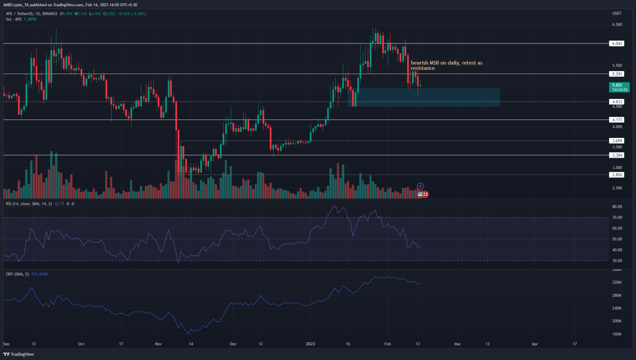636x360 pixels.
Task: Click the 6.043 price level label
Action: click(x=617, y=43)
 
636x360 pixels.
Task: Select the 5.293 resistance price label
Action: click(x=617, y=74)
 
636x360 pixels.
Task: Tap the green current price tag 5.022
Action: click(x=619, y=87)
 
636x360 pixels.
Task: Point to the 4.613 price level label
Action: click(x=617, y=102)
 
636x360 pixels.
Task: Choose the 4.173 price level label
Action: click(x=617, y=120)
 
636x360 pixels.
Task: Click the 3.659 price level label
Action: click(x=617, y=141)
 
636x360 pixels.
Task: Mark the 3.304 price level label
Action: click(x=617, y=155)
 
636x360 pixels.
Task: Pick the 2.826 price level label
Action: click(x=617, y=175)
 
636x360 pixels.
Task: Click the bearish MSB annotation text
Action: click(x=446, y=65)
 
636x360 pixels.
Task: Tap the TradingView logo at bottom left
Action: click(x=19, y=354)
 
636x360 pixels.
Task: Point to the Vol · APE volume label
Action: click(x=14, y=19)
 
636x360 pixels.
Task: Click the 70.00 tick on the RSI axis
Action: click(x=617, y=218)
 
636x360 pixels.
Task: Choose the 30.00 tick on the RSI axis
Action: click(x=617, y=261)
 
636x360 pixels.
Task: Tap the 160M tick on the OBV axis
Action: click(x=617, y=334)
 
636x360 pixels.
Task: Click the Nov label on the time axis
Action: click(x=158, y=344)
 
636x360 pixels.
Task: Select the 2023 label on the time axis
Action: click(x=310, y=344)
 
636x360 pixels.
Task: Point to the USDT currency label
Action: click(x=617, y=14)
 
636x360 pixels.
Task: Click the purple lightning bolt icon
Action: click(x=420, y=186)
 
